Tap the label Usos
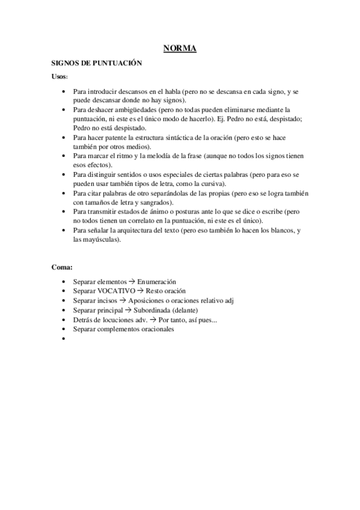tap(59, 77)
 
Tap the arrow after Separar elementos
tap(132, 281)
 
